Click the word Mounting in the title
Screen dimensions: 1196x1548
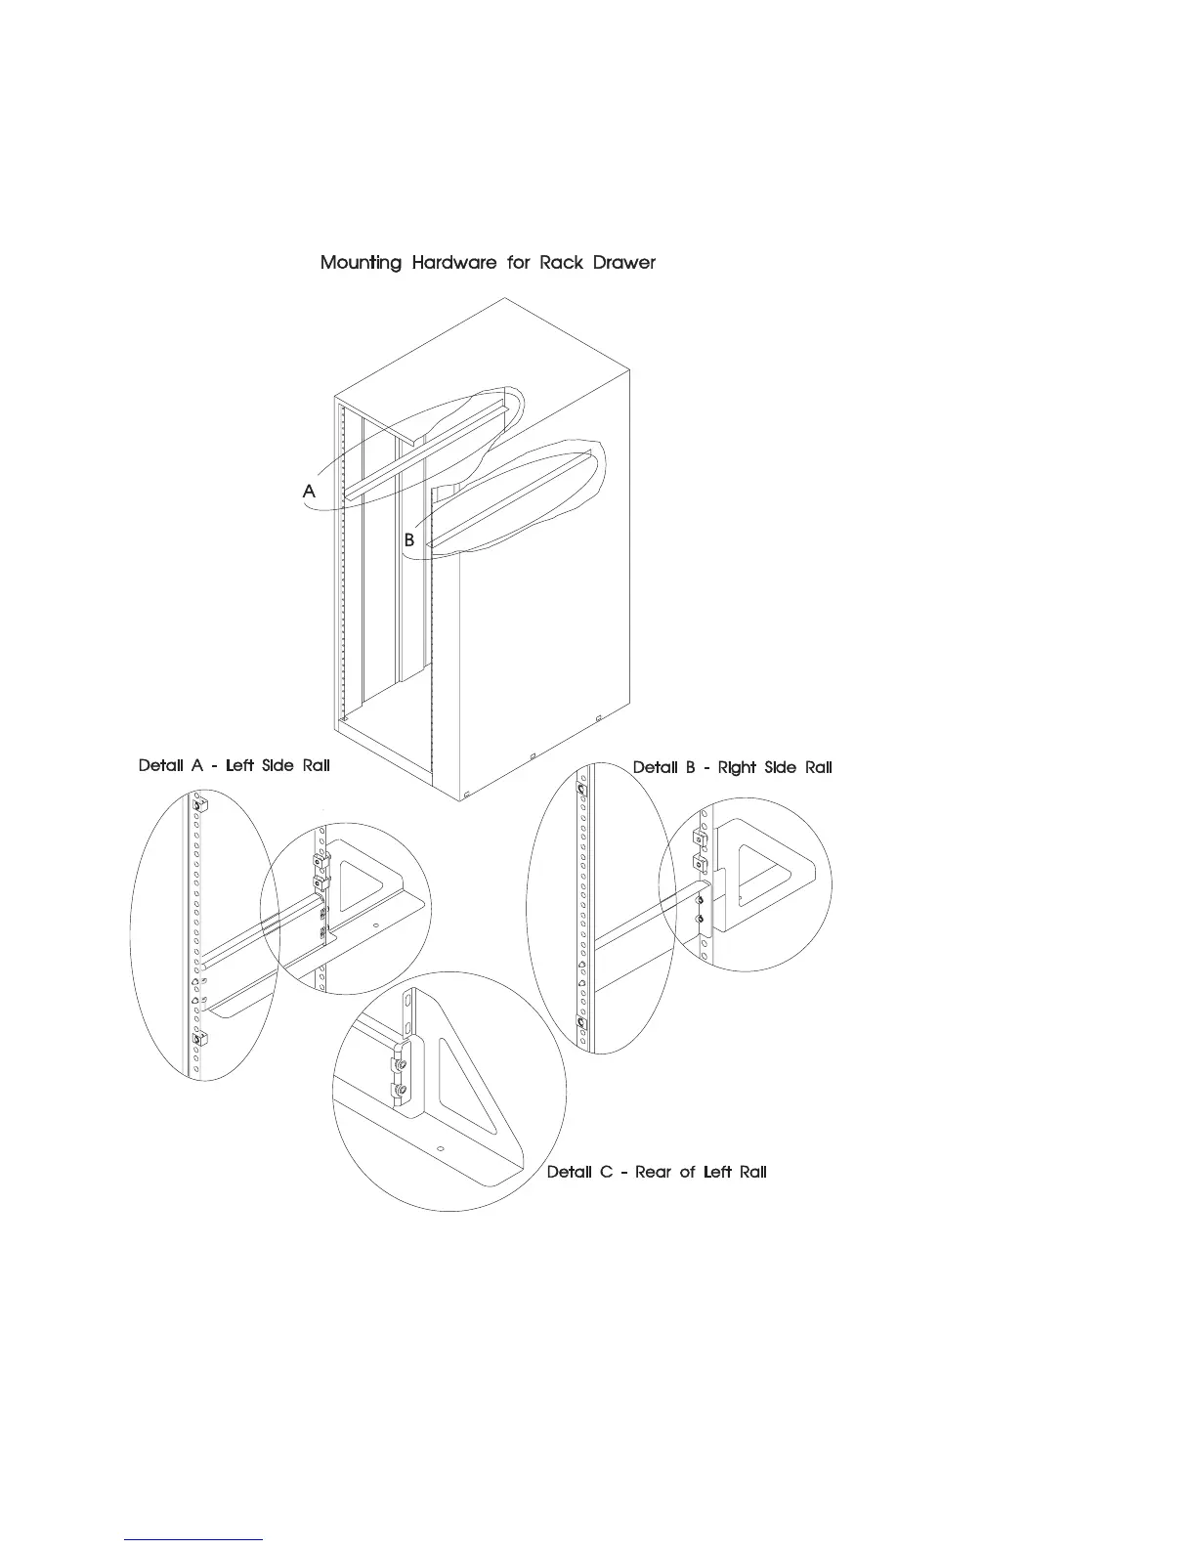point(361,263)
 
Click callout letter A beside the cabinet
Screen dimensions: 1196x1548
point(309,492)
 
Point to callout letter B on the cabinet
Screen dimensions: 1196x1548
point(409,539)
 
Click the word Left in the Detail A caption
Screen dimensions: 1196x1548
point(239,765)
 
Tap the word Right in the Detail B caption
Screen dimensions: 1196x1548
point(737,767)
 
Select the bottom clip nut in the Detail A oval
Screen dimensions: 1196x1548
point(199,1039)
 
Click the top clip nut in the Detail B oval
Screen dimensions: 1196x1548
point(582,788)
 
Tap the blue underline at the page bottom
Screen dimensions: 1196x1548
point(194,1539)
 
